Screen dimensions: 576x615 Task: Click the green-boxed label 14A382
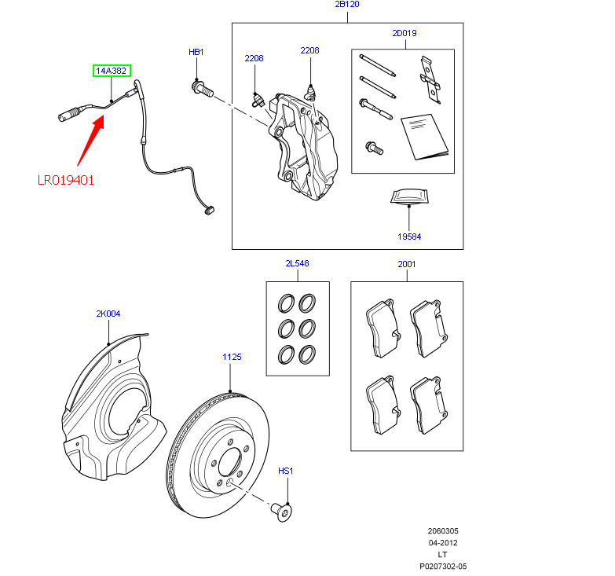(112, 71)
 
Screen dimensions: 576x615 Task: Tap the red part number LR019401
(66, 180)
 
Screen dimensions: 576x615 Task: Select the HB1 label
(196, 52)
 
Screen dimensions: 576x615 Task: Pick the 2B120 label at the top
(346, 5)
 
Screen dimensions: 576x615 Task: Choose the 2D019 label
(405, 33)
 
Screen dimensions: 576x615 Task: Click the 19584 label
(409, 235)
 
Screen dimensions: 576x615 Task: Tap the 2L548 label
(297, 264)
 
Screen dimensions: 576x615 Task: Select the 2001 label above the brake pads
(406, 265)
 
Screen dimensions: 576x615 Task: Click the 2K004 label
(108, 314)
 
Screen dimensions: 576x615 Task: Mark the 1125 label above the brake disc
(231, 357)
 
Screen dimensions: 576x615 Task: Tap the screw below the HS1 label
(283, 511)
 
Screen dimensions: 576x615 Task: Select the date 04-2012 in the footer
(443, 543)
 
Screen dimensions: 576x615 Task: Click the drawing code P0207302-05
(443, 566)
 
